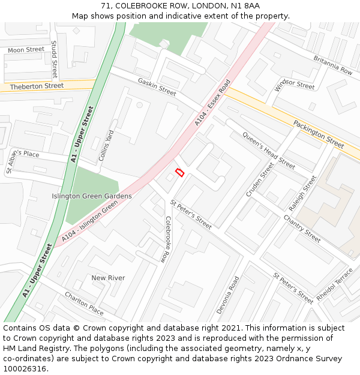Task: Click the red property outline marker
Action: click(179, 173)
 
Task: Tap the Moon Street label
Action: click(26, 50)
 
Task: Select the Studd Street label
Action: click(54, 59)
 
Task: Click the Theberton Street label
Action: click(37, 86)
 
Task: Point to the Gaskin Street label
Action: click(157, 87)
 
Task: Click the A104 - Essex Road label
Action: click(212, 103)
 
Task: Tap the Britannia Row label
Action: click(333, 65)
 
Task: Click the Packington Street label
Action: click(319, 134)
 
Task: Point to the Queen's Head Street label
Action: click(268, 149)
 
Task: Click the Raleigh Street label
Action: click(302, 193)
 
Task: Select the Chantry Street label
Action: click(302, 229)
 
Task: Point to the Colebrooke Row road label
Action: click(166, 239)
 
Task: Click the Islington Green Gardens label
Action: click(91, 196)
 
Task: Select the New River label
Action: click(107, 278)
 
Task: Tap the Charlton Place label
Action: click(84, 304)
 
